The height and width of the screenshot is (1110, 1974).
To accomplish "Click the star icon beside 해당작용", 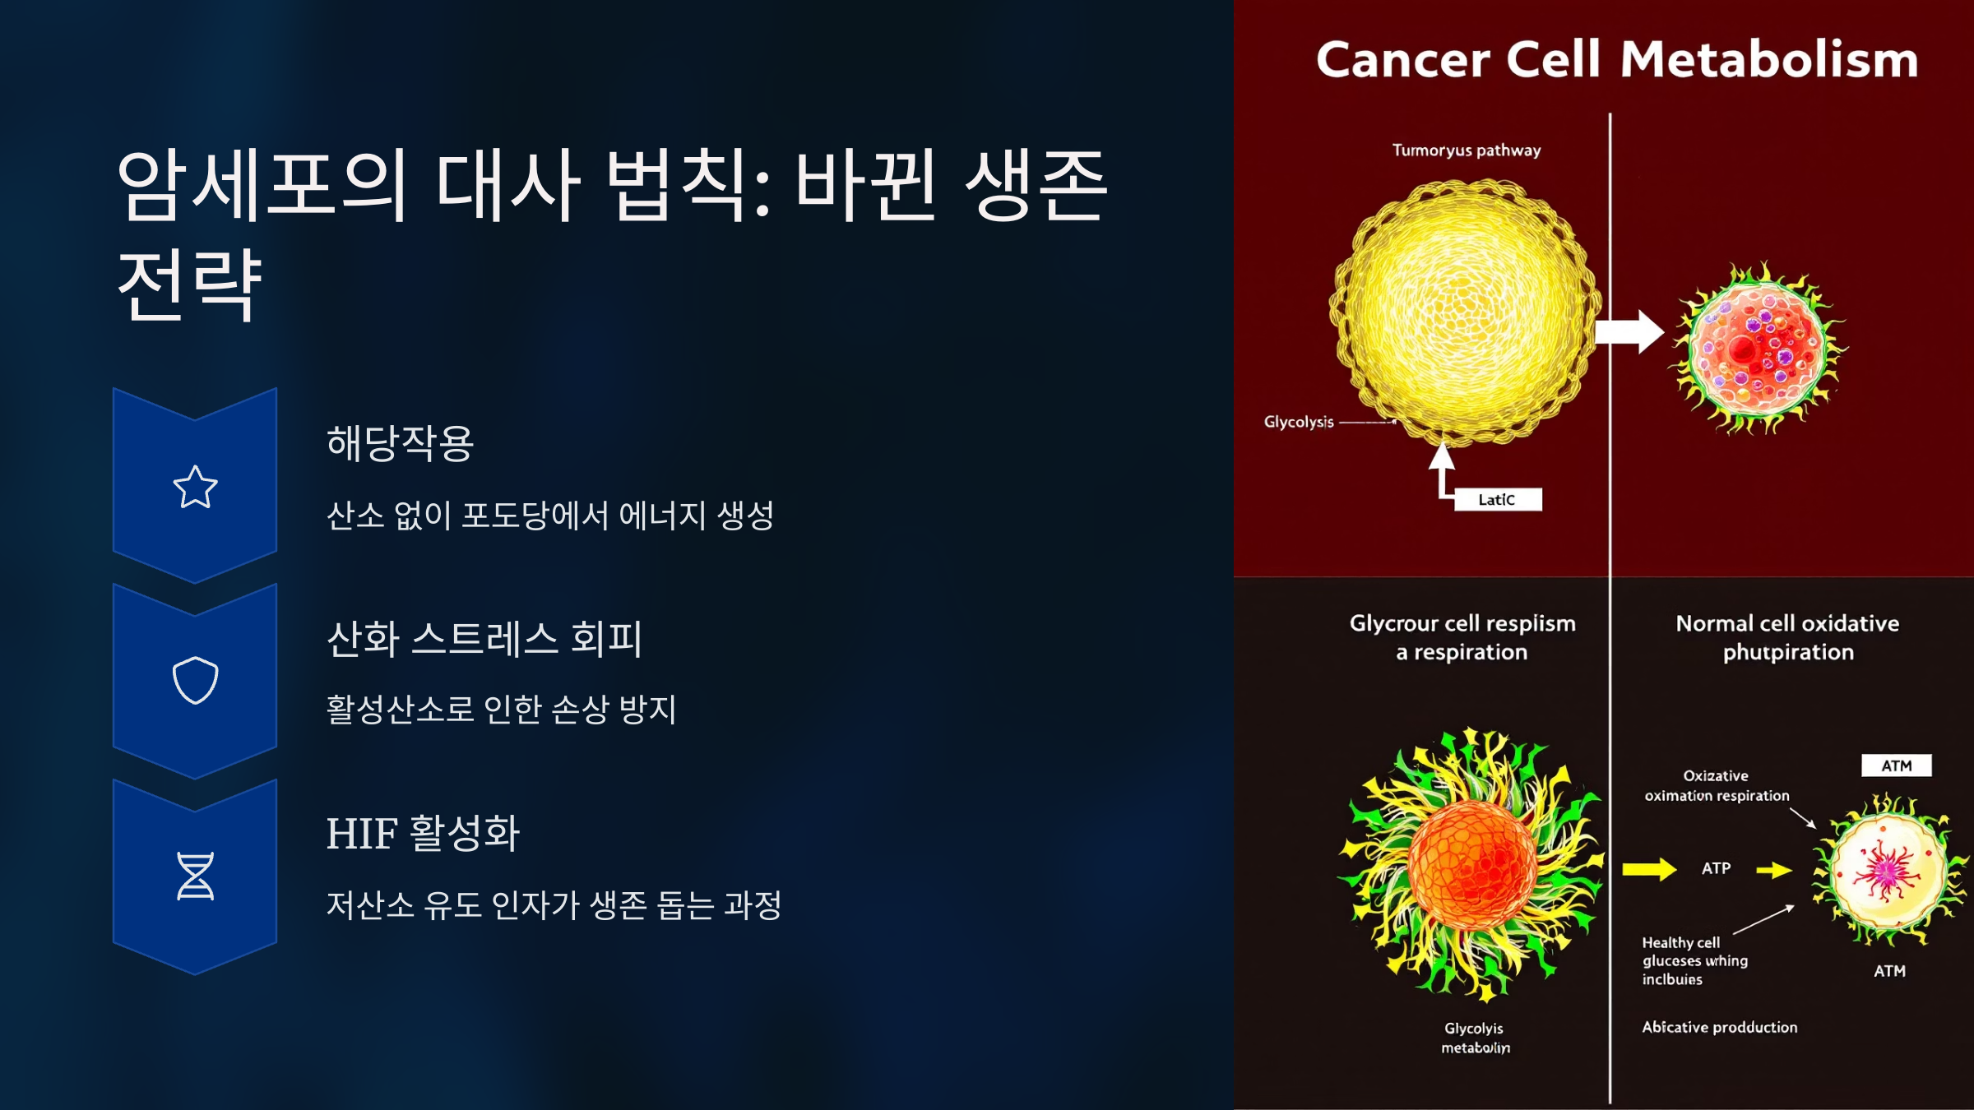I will tap(195, 487).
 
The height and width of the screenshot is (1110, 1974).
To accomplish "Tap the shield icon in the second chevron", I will tap(195, 680).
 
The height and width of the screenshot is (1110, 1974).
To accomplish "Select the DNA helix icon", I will tap(195, 876).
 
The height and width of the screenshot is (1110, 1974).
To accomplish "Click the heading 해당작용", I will tap(400, 443).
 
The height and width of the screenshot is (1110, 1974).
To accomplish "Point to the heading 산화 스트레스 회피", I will tap(484, 638).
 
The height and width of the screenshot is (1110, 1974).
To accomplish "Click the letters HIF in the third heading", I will tap(362, 834).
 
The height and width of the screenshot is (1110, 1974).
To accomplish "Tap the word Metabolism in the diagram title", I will tap(1769, 60).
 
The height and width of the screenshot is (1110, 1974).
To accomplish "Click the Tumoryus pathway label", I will tap(1467, 150).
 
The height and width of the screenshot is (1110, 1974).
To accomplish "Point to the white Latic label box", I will tap(1497, 500).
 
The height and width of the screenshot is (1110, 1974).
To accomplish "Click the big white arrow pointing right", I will tap(1629, 332).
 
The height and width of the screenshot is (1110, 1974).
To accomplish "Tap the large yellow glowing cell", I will tap(1465, 312).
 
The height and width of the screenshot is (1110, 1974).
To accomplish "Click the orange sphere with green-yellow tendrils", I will tap(1471, 863).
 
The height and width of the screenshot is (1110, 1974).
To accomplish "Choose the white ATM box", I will tap(1896, 765).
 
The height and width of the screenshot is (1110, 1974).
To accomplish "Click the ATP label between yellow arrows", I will tap(1716, 868).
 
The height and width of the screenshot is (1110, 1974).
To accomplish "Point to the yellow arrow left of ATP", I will tap(1648, 869).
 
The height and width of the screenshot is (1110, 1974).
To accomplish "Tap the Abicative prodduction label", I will tap(1719, 1027).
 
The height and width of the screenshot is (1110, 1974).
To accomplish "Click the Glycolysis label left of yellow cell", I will tap(1299, 422).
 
